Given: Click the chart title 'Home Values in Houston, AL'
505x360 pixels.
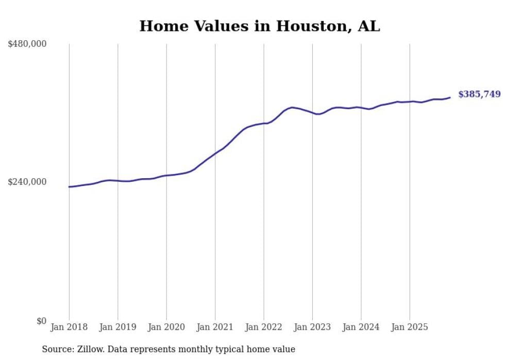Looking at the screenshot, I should click(x=260, y=26).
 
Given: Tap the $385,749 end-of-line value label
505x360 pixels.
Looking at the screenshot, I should click(x=479, y=94).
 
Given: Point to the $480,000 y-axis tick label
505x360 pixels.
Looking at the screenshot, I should click(x=27, y=44).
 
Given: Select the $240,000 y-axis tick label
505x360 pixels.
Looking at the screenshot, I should click(x=27, y=182).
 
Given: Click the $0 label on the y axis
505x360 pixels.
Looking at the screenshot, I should click(x=41, y=321).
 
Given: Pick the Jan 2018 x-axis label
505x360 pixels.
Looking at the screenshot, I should click(x=69, y=327).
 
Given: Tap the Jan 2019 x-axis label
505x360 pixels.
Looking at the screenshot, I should click(x=117, y=327).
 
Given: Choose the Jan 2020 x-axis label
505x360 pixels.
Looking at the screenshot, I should click(x=166, y=327).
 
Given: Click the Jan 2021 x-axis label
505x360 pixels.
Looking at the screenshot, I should click(x=215, y=327).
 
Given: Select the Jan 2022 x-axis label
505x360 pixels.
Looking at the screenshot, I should click(x=264, y=327).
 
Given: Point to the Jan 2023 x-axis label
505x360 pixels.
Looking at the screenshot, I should click(x=312, y=327).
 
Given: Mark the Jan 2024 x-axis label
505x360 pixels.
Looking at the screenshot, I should click(x=361, y=327).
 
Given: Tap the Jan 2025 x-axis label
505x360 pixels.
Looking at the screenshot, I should click(x=410, y=327).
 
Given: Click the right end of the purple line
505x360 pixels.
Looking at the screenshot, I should click(x=450, y=97).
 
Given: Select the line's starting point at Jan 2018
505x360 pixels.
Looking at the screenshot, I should click(x=69, y=187).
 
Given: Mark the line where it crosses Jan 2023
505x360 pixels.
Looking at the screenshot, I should click(x=312, y=113).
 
